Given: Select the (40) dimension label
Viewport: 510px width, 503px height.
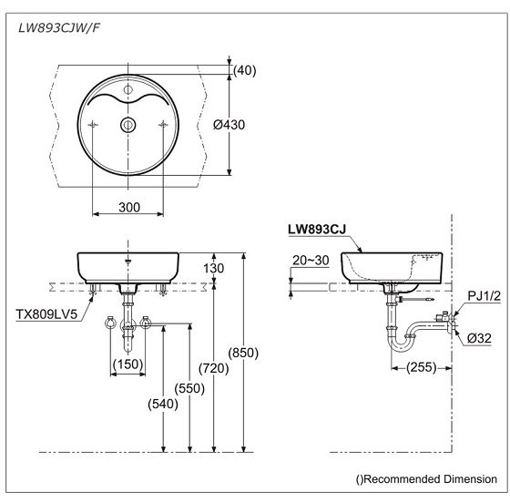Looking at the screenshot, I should point(245,70).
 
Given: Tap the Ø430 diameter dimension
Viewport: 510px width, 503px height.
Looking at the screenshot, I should point(251,124).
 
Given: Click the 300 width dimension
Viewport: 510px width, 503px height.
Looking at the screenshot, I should point(128,207).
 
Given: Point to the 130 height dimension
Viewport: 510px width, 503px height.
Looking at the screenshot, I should point(239,269).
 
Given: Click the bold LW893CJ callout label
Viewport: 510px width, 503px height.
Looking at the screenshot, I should point(318,231).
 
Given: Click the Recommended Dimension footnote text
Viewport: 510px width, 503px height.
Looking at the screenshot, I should point(426,478).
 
